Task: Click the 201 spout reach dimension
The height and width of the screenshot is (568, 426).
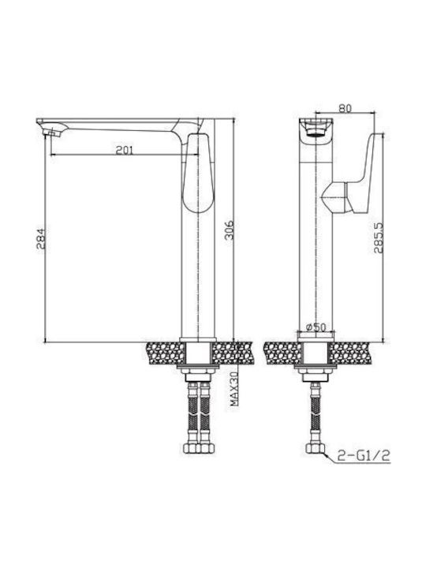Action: tap(125, 150)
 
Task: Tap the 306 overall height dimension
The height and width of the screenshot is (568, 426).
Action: tap(229, 230)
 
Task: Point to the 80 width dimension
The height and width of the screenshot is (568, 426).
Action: tap(345, 108)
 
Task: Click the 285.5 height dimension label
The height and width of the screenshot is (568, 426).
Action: tap(379, 237)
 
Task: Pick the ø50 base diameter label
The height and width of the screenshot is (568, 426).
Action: tap(316, 327)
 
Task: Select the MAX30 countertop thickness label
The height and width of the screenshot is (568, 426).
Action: tap(234, 389)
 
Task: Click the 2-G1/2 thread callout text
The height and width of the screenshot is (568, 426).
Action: tap(364, 455)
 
